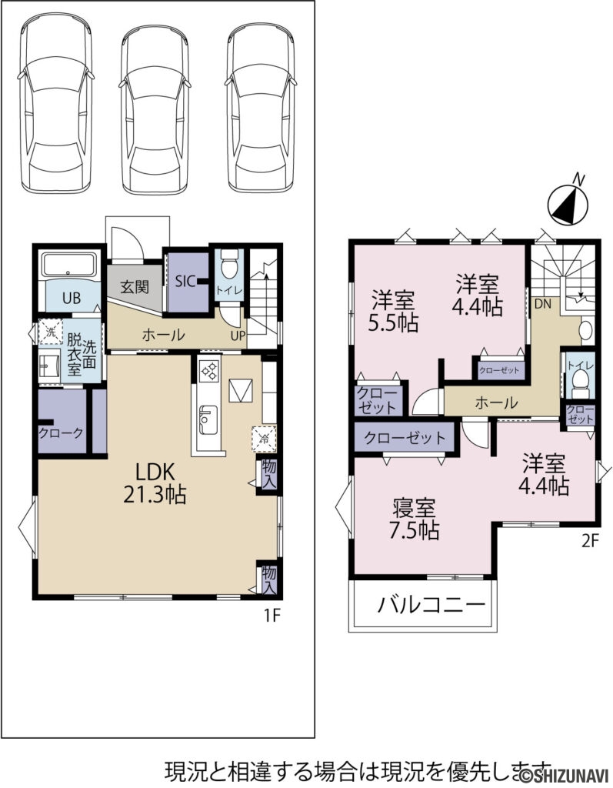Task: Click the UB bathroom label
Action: click(x=72, y=299)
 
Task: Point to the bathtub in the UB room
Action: click(x=70, y=266)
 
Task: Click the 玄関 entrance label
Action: click(x=135, y=287)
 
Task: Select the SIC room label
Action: click(x=185, y=282)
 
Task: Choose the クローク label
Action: click(x=62, y=432)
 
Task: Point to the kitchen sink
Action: click(x=206, y=419)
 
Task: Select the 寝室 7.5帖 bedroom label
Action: click(x=415, y=519)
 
